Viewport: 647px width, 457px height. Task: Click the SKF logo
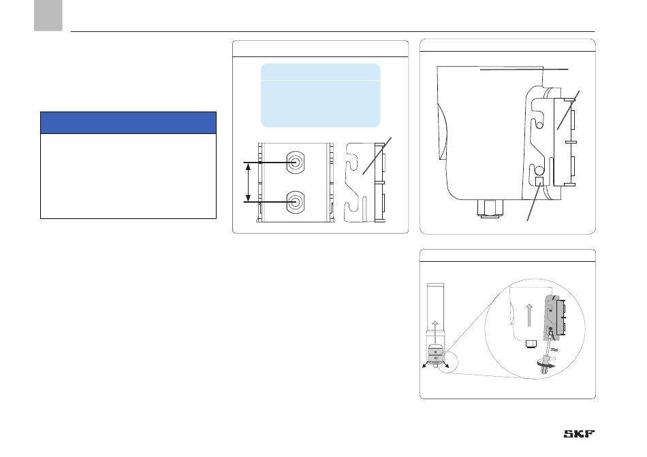580,434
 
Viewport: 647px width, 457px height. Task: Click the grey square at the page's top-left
48,15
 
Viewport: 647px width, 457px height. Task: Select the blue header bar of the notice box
128,123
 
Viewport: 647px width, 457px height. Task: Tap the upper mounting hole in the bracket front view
296,163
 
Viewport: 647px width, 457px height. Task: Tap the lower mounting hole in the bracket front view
296,202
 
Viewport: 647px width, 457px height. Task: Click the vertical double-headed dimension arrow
248,182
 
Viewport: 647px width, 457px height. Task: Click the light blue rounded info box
321,95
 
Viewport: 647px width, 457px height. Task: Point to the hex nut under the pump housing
490,208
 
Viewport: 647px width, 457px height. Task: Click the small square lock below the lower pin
539,181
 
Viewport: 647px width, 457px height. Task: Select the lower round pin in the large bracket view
539,169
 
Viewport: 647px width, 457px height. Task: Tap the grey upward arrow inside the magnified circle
529,316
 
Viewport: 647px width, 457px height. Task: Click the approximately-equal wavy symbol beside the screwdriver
554,350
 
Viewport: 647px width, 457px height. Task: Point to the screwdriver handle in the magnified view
544,367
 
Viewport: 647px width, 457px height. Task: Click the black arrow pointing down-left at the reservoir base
426,365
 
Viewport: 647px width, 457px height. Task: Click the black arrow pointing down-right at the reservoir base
445,365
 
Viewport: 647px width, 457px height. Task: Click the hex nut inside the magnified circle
530,343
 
